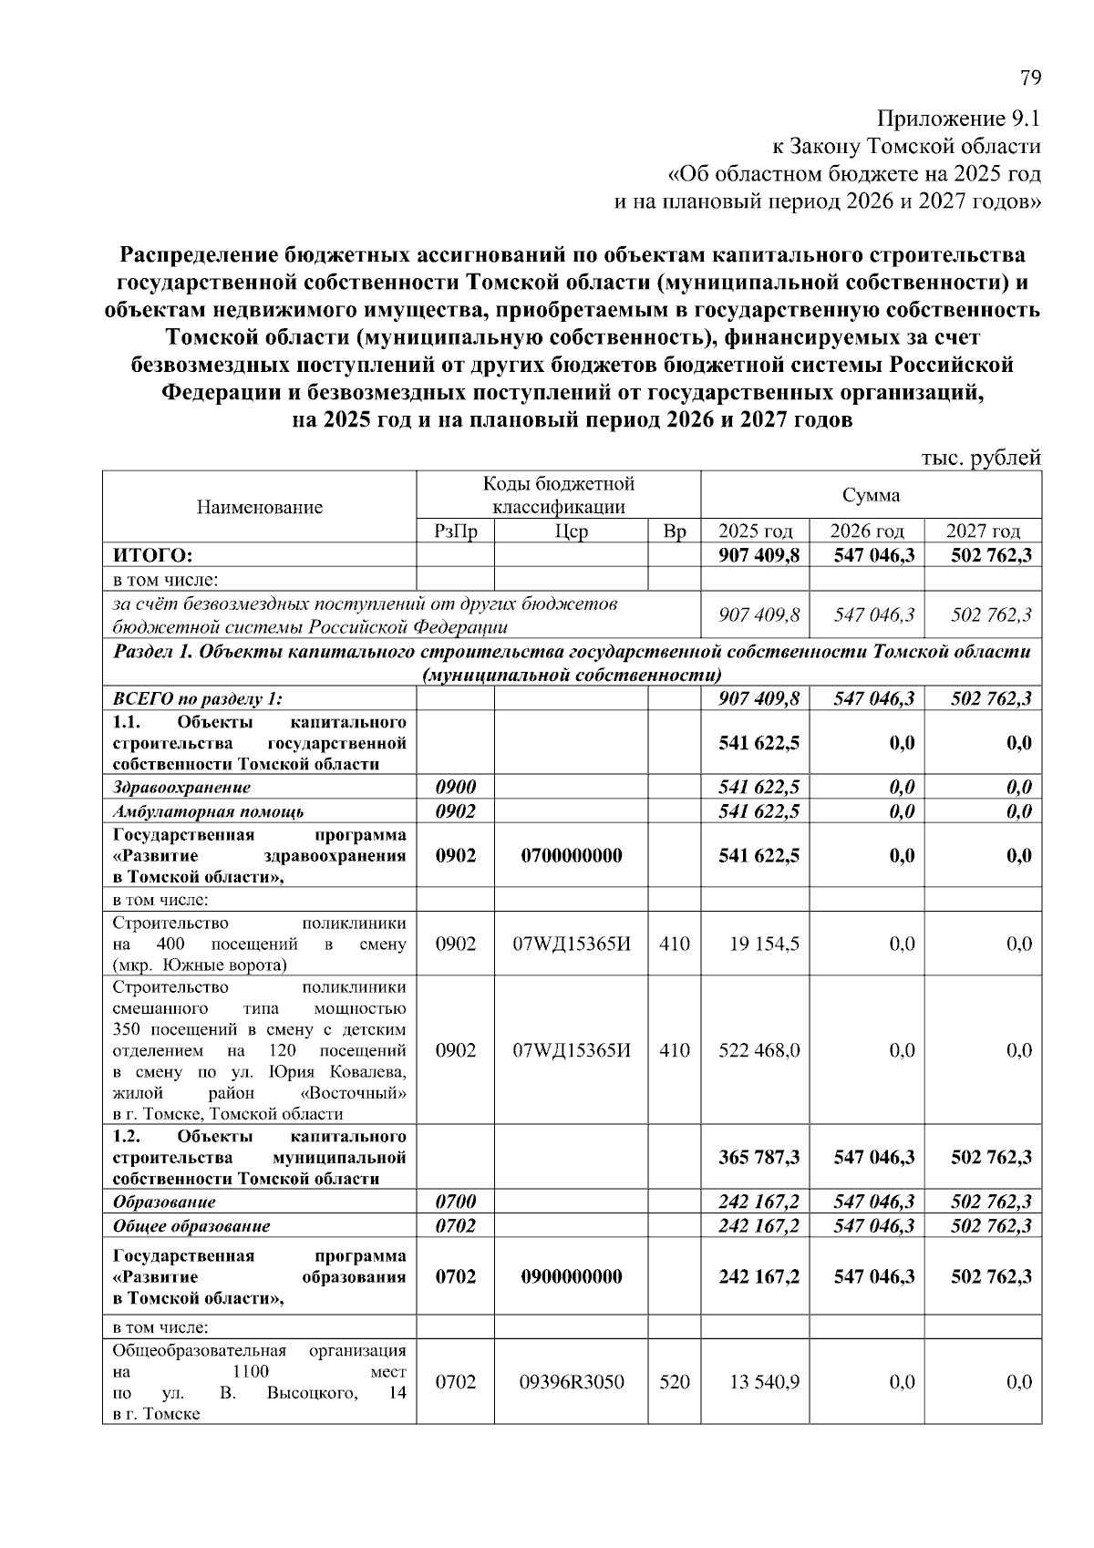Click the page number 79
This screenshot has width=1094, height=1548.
[x=1029, y=78]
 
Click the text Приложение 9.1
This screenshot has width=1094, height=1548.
[x=958, y=119]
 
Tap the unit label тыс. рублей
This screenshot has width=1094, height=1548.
[x=981, y=459]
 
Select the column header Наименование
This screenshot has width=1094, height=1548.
[x=259, y=507]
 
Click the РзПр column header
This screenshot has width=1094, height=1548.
[x=455, y=531]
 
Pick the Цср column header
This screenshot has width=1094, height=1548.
[x=571, y=531]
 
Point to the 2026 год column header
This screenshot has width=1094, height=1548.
[x=866, y=531]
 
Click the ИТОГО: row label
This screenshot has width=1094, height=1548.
[x=152, y=555]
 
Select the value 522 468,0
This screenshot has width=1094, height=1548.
[x=759, y=1050]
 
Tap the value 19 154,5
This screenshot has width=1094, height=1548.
[x=764, y=944]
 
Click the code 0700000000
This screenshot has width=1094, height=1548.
[x=571, y=855]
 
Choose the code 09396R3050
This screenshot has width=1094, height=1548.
[x=571, y=1382]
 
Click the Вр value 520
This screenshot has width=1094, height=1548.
[x=674, y=1382]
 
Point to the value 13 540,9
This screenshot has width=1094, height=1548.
[x=764, y=1382]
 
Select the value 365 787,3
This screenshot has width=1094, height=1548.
[x=759, y=1157]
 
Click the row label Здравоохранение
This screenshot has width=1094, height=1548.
[x=181, y=787]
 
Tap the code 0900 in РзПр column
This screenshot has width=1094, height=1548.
[x=455, y=787]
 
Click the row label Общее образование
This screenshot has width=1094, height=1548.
[x=191, y=1225]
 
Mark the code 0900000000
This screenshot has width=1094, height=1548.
[x=571, y=1276]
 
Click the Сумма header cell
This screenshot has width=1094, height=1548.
[x=871, y=495]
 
